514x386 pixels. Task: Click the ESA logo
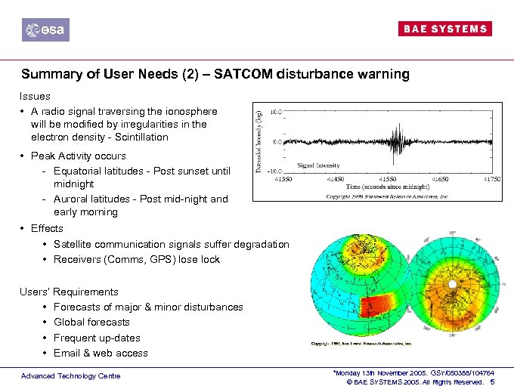click(45, 29)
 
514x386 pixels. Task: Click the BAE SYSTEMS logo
click(444, 29)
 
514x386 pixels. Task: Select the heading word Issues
click(36, 97)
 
